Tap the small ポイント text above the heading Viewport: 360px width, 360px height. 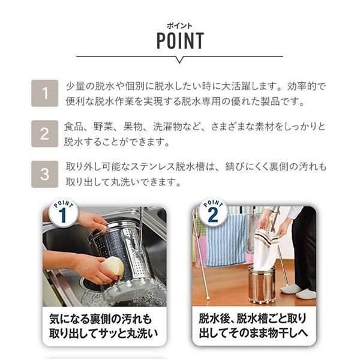click(179, 25)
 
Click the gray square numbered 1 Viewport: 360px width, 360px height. click(45, 93)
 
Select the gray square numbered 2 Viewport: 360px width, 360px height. click(45, 133)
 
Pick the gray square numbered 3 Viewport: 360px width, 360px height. click(45, 174)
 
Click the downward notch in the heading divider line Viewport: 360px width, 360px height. click(179, 59)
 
